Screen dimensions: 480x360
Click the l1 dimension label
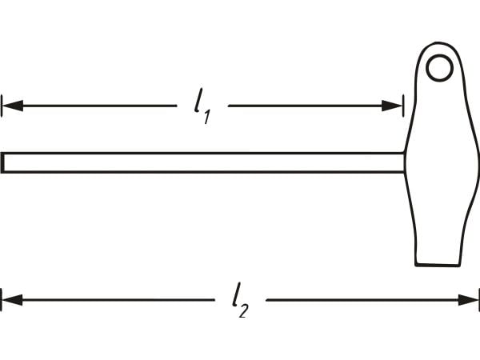tap(202, 106)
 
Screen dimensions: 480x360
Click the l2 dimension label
tap(240, 299)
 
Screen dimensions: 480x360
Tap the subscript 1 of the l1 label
tap(207, 118)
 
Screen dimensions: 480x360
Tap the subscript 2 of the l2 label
tap(244, 310)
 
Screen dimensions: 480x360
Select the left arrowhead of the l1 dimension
tap(12, 106)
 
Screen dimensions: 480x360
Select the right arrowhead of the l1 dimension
tap(392, 106)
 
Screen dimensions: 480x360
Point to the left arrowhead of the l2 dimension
tap(12, 299)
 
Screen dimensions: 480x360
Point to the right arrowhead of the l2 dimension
tap(468, 299)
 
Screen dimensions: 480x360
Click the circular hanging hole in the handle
tap(440, 68)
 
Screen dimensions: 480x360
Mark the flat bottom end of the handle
tap(438, 265)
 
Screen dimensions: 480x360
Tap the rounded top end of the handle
tap(438, 43)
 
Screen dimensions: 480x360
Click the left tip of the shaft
tap(2, 162)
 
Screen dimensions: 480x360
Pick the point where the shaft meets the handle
tap(404, 162)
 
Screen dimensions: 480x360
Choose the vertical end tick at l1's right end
tap(403, 106)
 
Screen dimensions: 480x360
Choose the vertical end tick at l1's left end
tap(2, 106)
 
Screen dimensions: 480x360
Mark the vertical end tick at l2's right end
tap(478, 299)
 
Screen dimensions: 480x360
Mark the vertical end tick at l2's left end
tap(2, 299)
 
